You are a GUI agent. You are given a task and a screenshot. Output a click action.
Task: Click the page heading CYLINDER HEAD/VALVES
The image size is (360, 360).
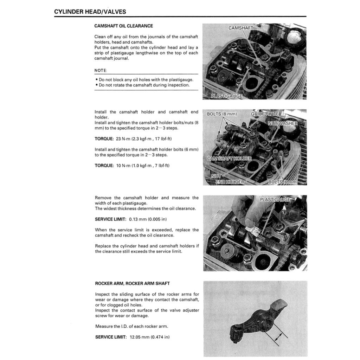[90, 12]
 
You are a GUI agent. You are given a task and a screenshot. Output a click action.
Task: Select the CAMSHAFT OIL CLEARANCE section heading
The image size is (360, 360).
[124, 26]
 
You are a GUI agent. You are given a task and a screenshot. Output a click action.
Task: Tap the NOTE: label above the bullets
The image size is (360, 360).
[101, 71]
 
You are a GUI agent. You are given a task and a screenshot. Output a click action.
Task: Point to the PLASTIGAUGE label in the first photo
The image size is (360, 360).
[226, 96]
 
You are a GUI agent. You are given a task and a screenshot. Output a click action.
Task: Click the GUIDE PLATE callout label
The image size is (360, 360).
[265, 114]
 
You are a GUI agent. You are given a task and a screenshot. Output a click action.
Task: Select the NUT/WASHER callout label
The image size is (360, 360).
[283, 123]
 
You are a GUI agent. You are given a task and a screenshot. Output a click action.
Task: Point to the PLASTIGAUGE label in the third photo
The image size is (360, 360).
[275, 200]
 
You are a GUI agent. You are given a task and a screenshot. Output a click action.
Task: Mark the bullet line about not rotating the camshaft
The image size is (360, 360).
[144, 85]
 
